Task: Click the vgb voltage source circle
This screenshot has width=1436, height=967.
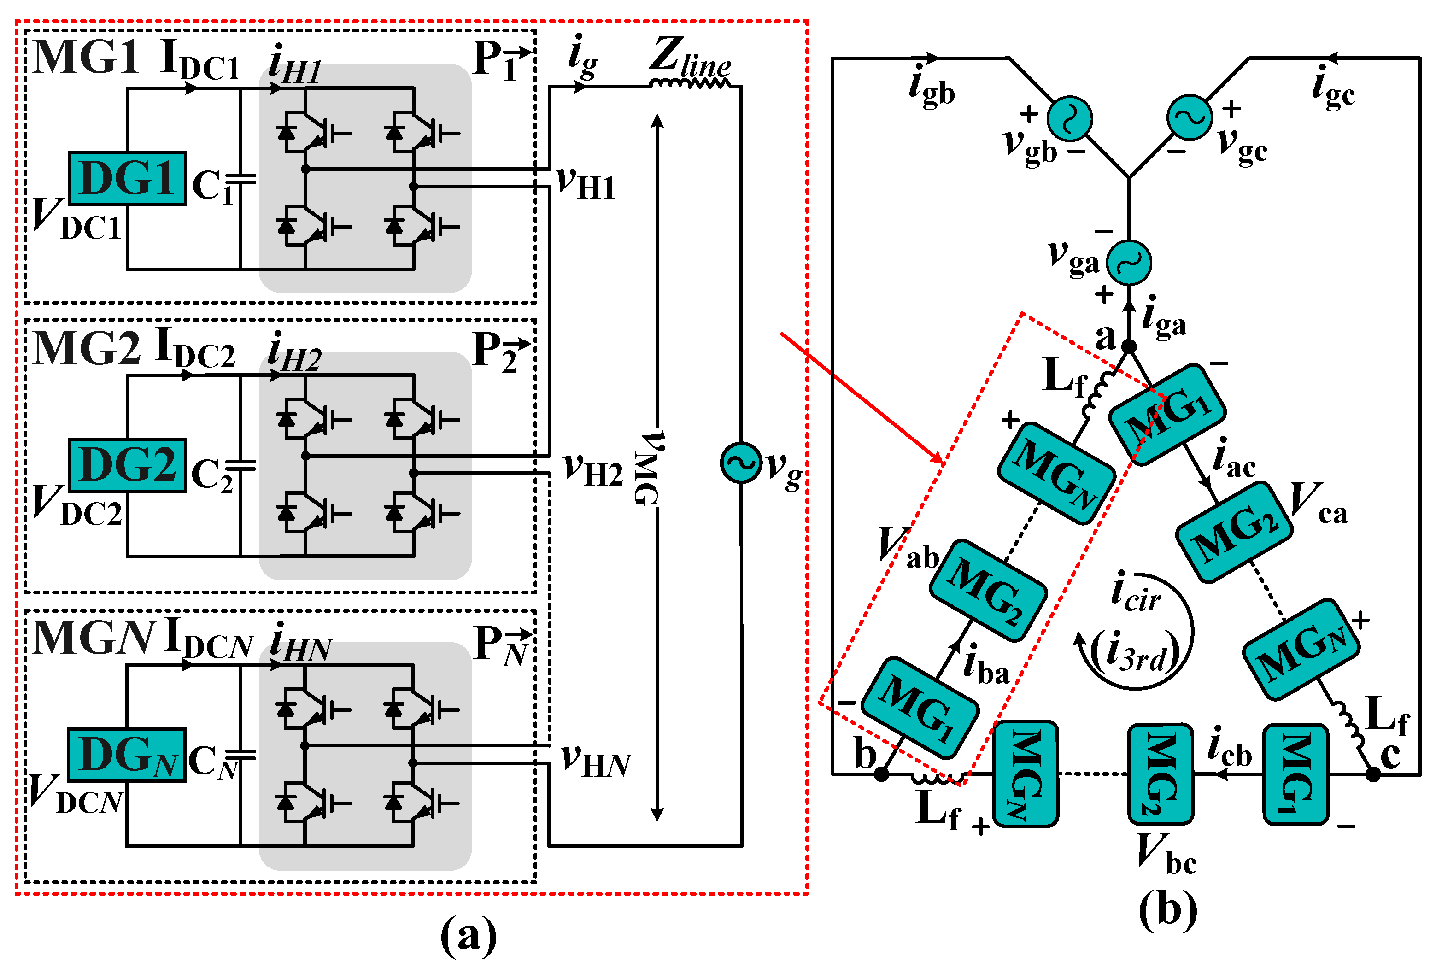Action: click(1069, 118)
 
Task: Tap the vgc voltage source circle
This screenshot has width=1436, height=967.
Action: click(1190, 117)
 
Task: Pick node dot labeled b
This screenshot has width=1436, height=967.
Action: click(882, 774)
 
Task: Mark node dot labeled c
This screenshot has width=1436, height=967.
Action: click(1372, 774)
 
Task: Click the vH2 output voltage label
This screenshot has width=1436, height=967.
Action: click(592, 470)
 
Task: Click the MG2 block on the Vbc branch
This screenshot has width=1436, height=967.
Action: click(1161, 774)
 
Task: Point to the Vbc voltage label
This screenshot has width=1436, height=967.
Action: click(1165, 854)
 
